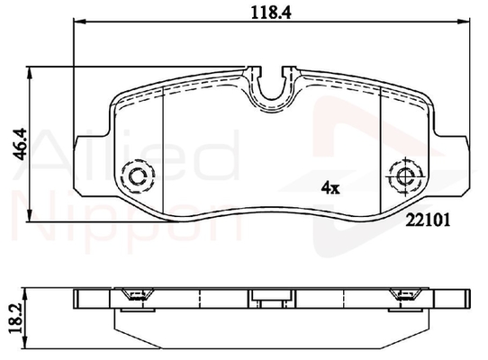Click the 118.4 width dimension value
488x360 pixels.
pos(271,13)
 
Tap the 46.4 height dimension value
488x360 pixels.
pos(21,144)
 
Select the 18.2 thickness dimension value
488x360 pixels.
pos(16,319)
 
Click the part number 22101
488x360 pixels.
pos(429,220)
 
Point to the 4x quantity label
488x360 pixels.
pos(330,187)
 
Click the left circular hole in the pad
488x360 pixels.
pos(137,176)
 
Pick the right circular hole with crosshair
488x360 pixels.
pos(406,177)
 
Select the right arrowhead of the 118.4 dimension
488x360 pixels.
pos(464,22)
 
